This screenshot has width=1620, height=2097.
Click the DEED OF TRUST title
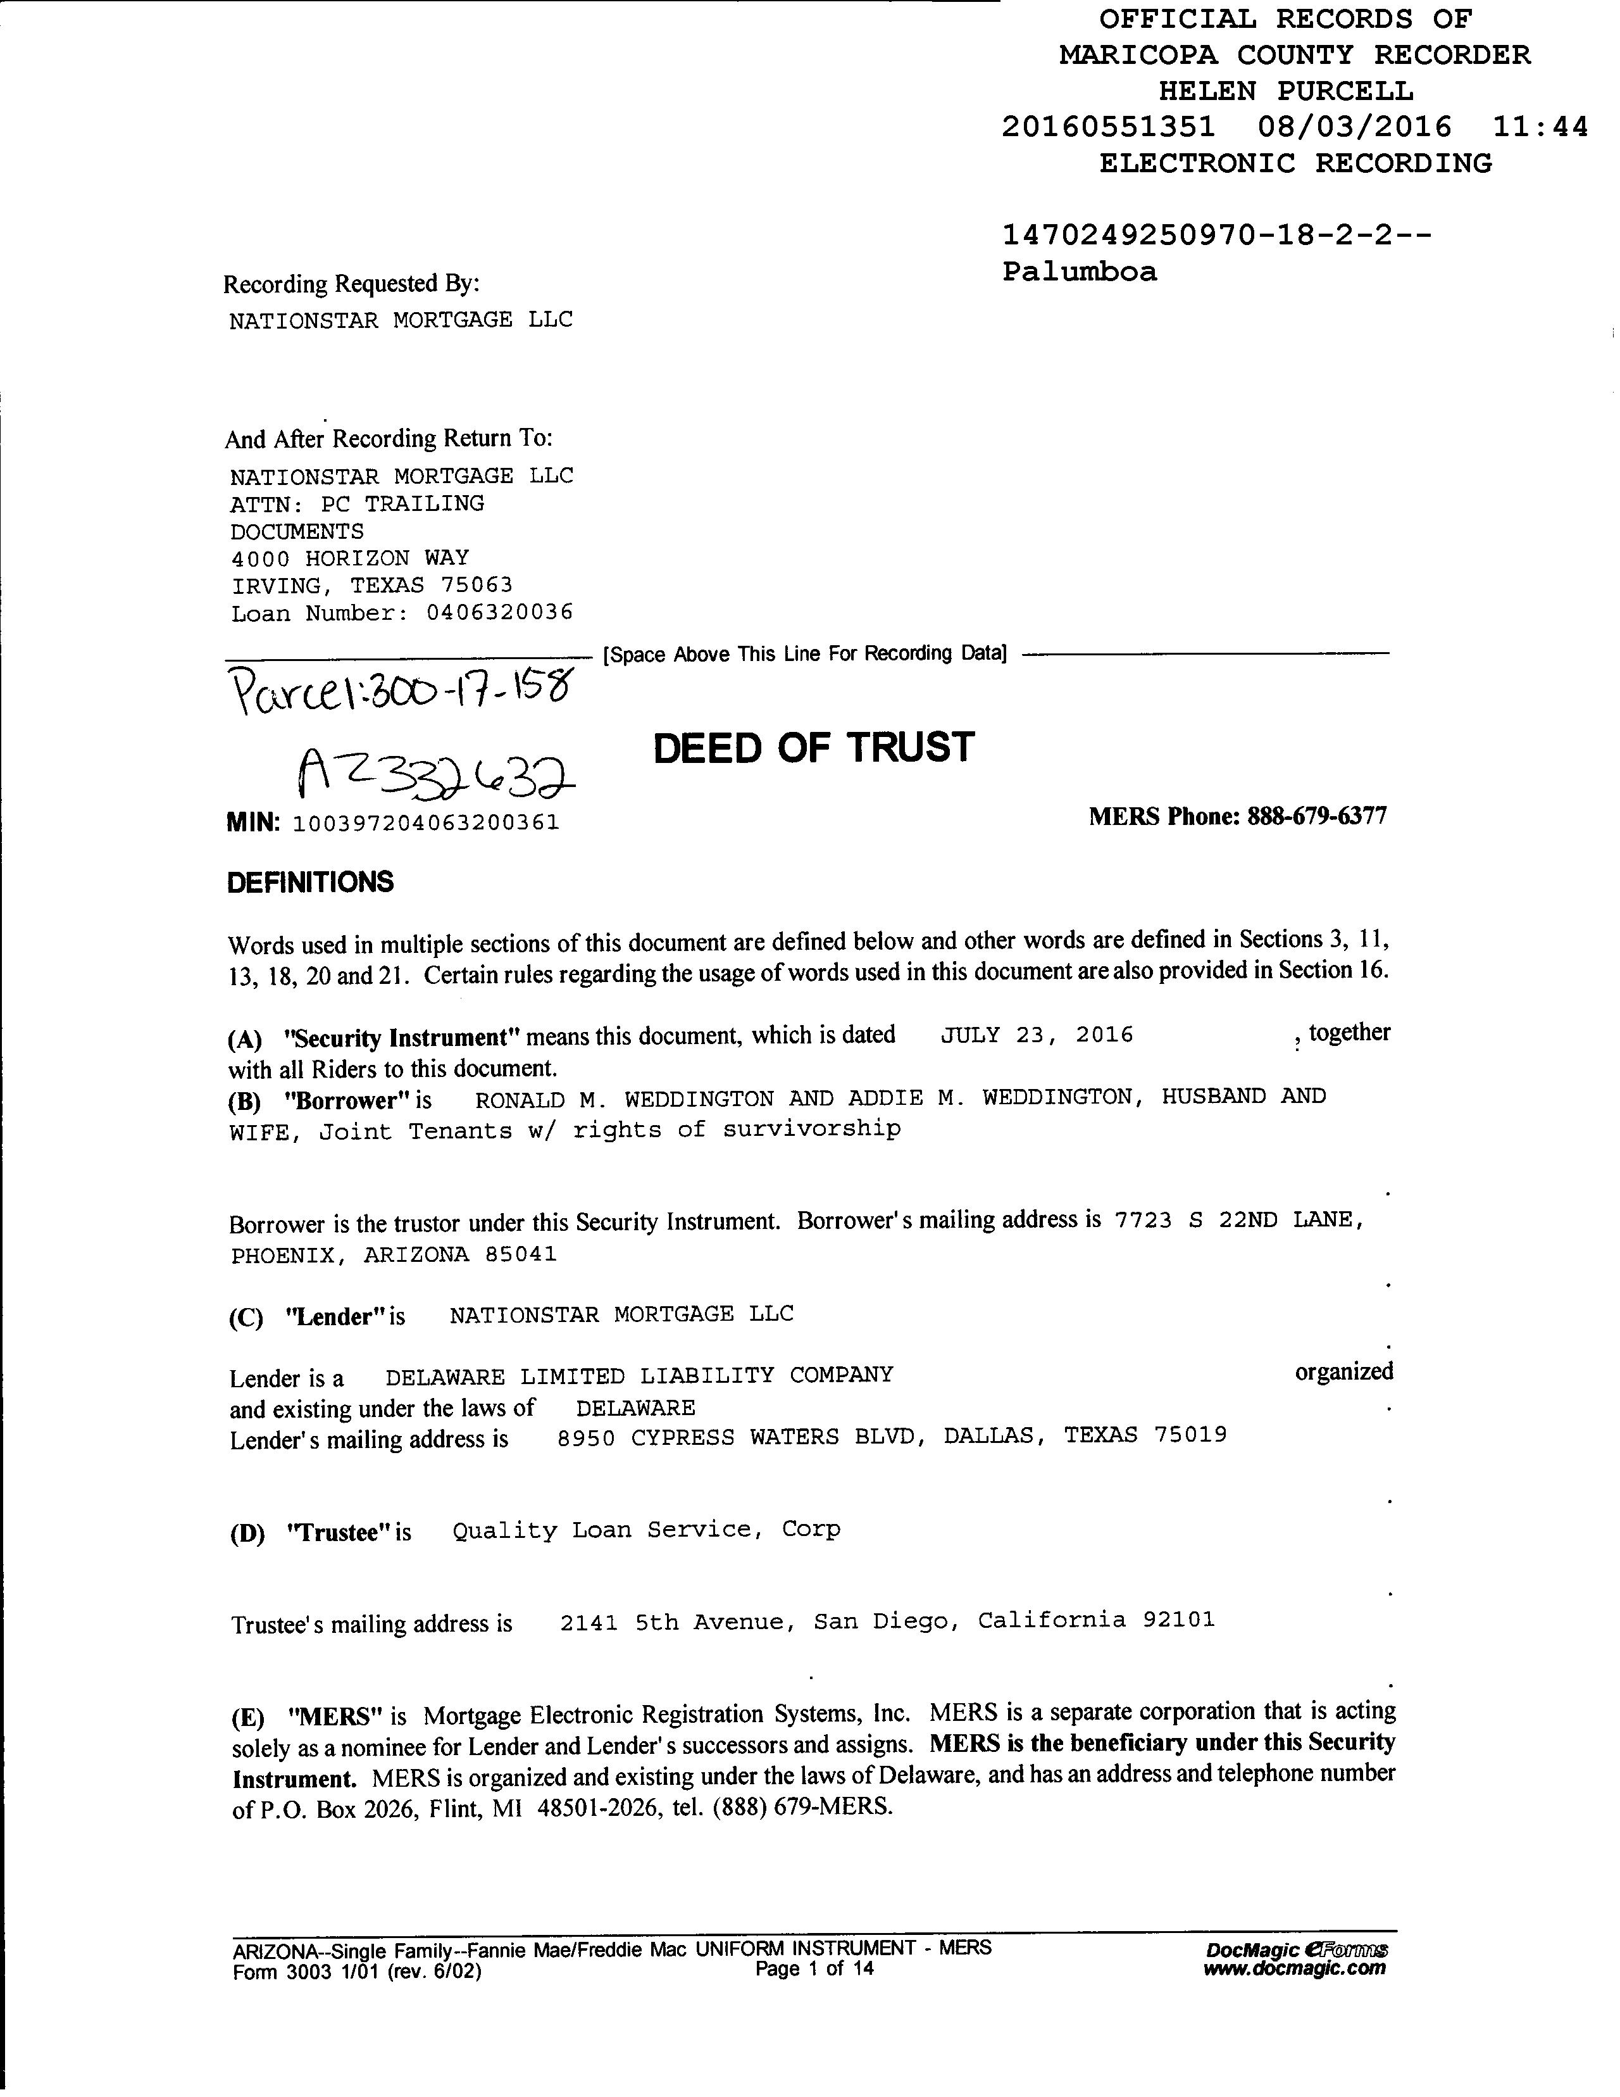(x=813, y=748)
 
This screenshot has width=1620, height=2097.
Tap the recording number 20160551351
(x=1109, y=127)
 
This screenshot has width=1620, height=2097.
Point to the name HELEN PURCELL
(x=1285, y=91)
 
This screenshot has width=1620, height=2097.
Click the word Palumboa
(x=1080, y=272)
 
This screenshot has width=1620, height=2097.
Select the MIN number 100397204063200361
(x=425, y=823)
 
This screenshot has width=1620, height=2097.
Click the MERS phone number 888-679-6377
(x=1317, y=816)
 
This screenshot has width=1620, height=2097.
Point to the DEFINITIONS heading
(x=310, y=883)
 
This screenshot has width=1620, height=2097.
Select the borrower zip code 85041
(x=521, y=1255)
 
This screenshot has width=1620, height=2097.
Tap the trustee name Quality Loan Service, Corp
(x=646, y=1530)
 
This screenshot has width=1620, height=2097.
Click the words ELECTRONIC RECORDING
(x=1295, y=163)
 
